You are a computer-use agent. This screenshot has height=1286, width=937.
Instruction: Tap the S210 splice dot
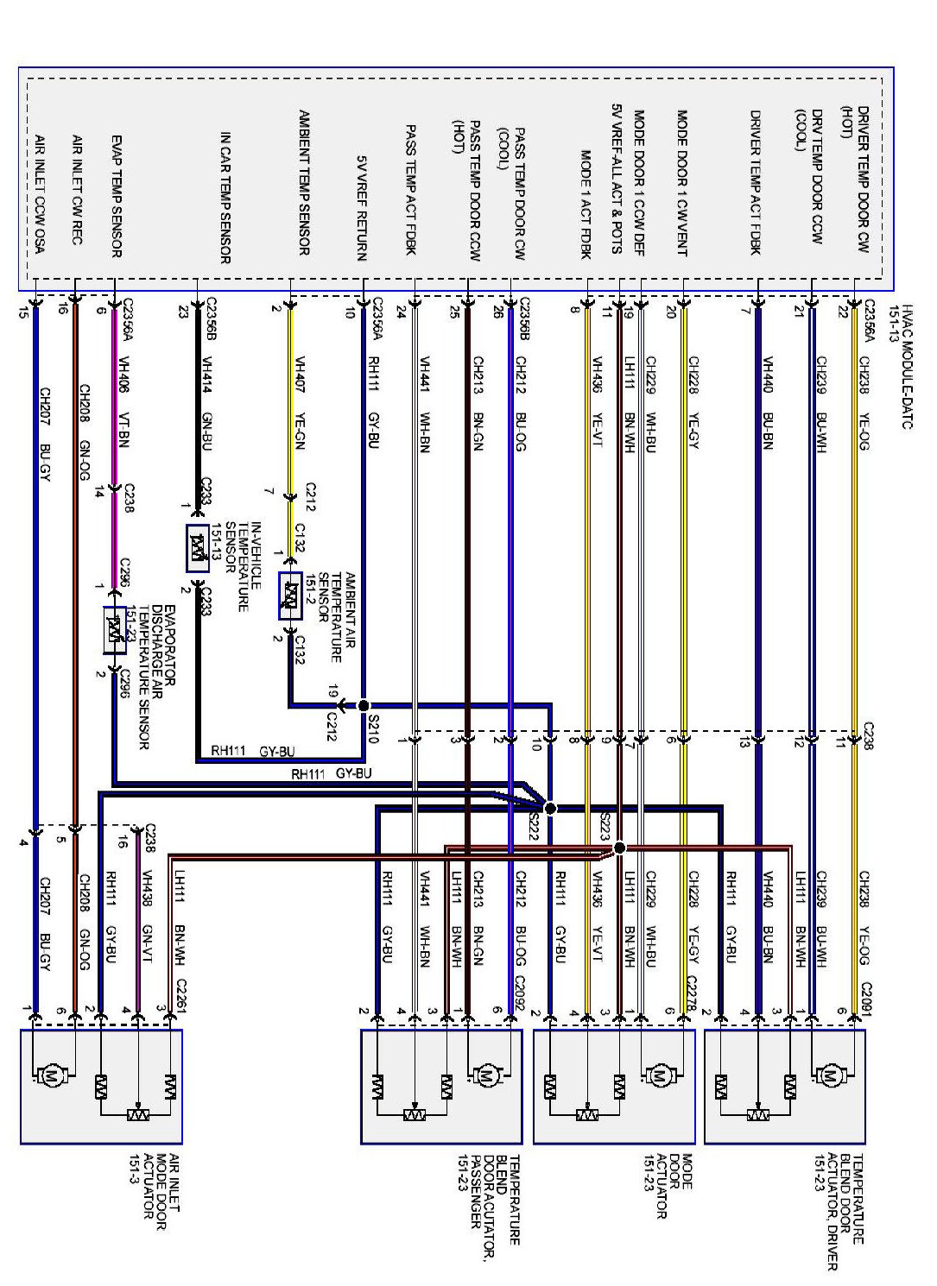[x=363, y=704]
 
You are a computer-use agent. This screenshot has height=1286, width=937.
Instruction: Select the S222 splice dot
[x=550, y=809]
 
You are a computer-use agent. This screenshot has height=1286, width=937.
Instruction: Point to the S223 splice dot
[x=619, y=848]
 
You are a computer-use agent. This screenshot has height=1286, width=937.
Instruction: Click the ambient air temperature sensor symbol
[x=291, y=596]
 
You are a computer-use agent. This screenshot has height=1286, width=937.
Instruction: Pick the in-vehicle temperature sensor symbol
[x=198, y=548]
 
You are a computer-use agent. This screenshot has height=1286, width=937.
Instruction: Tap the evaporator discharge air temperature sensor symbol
[x=114, y=631]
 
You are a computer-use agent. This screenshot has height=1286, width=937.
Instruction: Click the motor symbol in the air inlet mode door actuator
[x=50, y=1076]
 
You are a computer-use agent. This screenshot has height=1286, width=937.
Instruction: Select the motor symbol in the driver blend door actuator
[x=829, y=1075]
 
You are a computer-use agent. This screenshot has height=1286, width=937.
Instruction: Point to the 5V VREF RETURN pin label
[x=363, y=207]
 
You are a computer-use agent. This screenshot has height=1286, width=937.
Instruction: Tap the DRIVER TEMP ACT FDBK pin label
[x=756, y=182]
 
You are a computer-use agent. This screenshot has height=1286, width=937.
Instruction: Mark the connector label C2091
[x=866, y=994]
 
